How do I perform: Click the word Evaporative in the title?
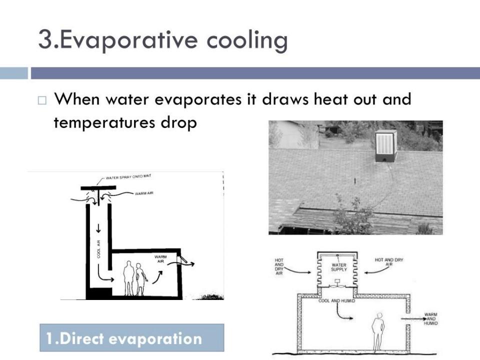(128, 40)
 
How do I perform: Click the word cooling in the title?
(247, 40)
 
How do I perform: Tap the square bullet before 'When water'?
(42, 100)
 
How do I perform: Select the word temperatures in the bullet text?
(104, 122)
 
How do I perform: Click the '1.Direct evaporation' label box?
(131, 337)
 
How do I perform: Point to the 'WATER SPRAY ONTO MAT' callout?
(128, 177)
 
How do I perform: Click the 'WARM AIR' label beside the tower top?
(144, 193)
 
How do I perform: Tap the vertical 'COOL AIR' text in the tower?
(98, 248)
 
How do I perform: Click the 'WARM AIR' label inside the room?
(160, 259)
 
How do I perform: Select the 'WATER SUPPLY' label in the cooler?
(339, 267)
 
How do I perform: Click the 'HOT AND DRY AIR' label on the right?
(389, 261)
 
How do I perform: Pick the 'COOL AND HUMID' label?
(336, 301)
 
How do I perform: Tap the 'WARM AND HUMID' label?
(430, 318)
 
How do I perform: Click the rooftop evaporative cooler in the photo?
(385, 146)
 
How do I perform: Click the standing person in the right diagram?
(378, 331)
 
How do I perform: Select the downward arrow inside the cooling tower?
(98, 228)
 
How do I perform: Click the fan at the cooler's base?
(337, 286)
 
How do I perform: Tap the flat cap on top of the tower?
(98, 187)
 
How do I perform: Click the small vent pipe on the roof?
(355, 180)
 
